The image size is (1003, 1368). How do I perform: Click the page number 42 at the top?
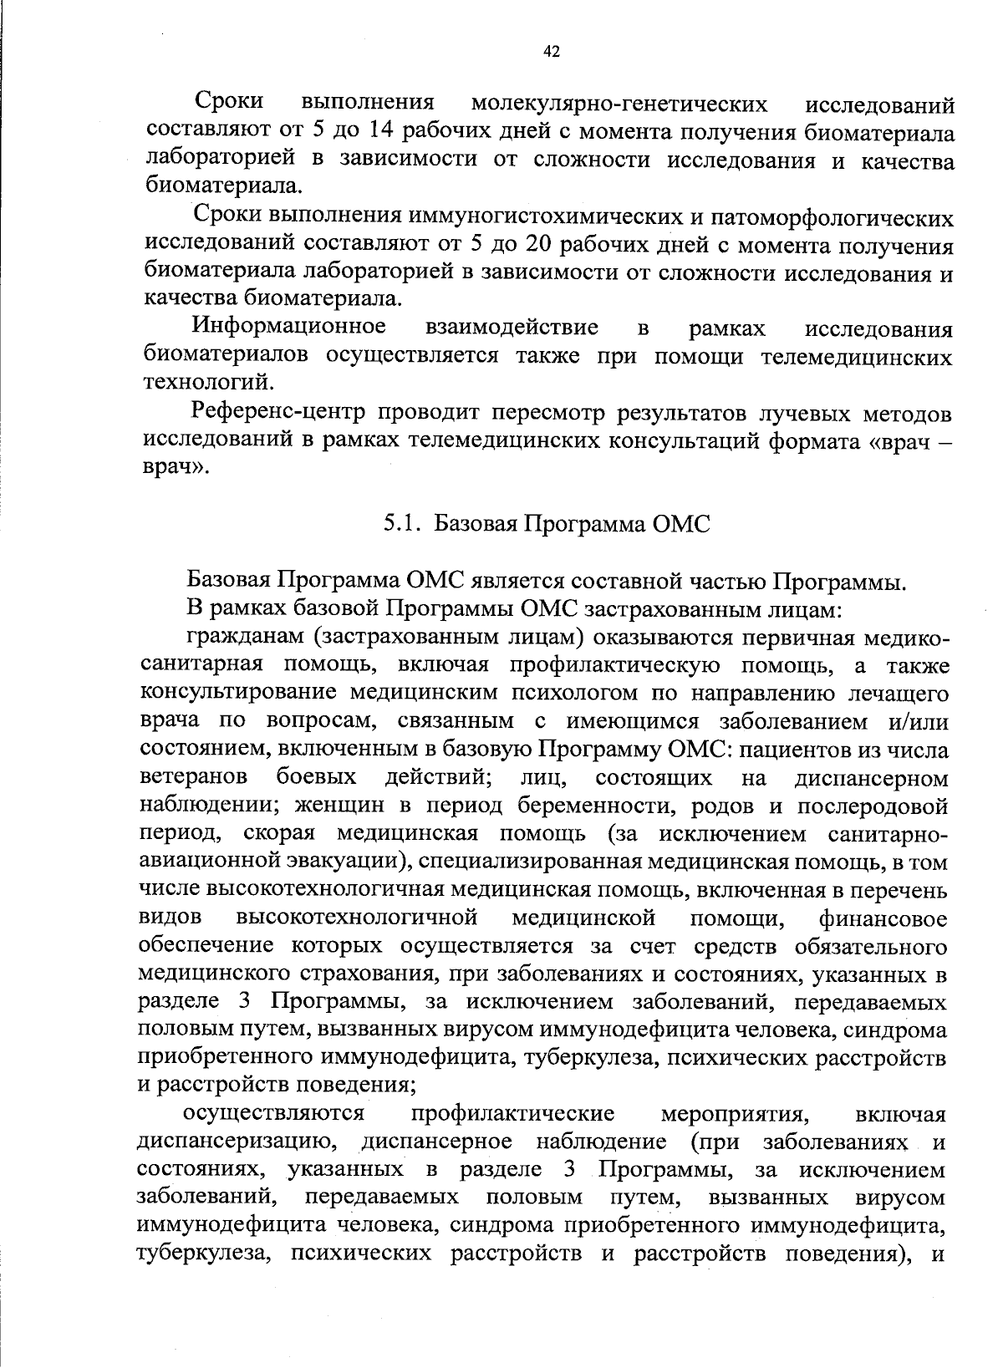(551, 53)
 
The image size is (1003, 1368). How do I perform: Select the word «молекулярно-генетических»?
(619, 104)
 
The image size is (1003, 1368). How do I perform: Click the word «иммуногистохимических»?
(543, 218)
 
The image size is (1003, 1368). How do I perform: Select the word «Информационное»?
(289, 327)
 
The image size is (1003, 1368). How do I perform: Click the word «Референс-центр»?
(279, 412)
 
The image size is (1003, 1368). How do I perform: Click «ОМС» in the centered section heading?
(682, 524)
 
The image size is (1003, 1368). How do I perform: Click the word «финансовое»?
(884, 918)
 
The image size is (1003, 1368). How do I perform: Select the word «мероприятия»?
(733, 1114)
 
